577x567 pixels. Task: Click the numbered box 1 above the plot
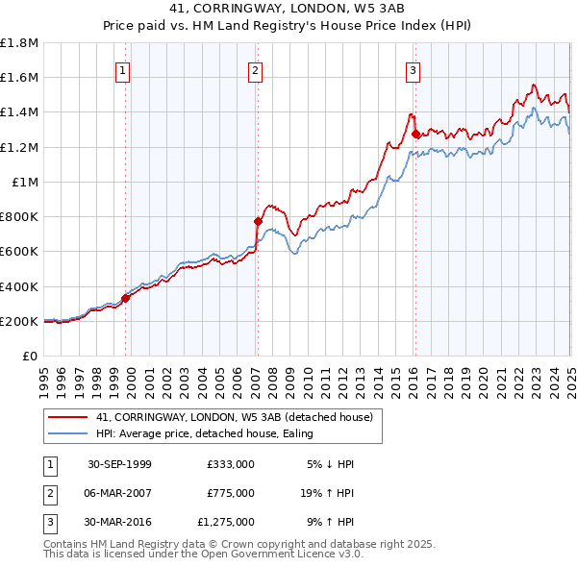[x=126, y=69]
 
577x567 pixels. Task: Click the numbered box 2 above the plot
[x=256, y=69]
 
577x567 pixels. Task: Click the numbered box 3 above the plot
[x=413, y=69]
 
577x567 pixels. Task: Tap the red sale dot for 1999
[x=126, y=298]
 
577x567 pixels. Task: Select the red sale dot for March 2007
[x=258, y=221]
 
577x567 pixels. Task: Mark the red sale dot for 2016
[x=416, y=134]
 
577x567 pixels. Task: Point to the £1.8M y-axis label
[x=19, y=43]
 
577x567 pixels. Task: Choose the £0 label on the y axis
[x=32, y=356]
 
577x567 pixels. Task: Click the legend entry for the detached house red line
[x=239, y=416]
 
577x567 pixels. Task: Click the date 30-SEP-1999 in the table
[x=119, y=464]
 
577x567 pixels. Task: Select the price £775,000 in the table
[x=230, y=493]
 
